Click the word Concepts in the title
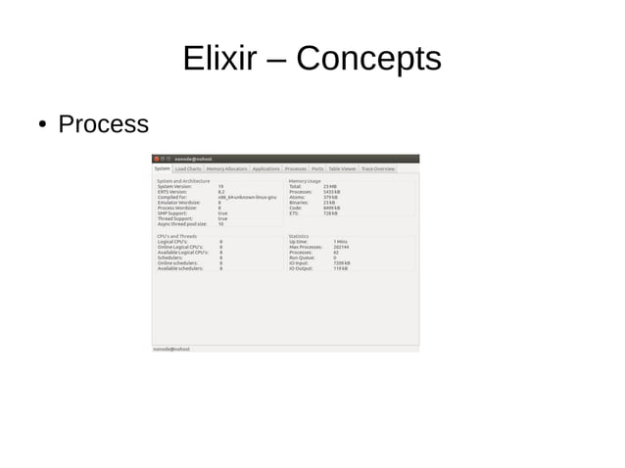tap(368, 60)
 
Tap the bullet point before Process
tap(43, 125)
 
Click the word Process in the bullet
tap(103, 124)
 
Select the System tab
tap(162, 168)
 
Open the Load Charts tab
tap(188, 168)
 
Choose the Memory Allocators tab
tap(226, 168)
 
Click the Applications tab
tap(265, 168)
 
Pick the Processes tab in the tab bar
tap(296, 168)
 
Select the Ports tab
tap(317, 168)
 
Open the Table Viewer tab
tap(343, 168)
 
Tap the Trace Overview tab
tap(378, 168)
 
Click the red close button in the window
tap(156, 159)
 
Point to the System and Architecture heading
tap(184, 181)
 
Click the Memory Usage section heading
tap(305, 181)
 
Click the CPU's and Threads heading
tap(177, 236)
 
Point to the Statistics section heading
tap(299, 236)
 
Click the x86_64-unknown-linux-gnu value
tap(240, 197)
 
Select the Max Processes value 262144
tap(342, 247)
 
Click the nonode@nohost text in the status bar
tap(171, 349)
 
